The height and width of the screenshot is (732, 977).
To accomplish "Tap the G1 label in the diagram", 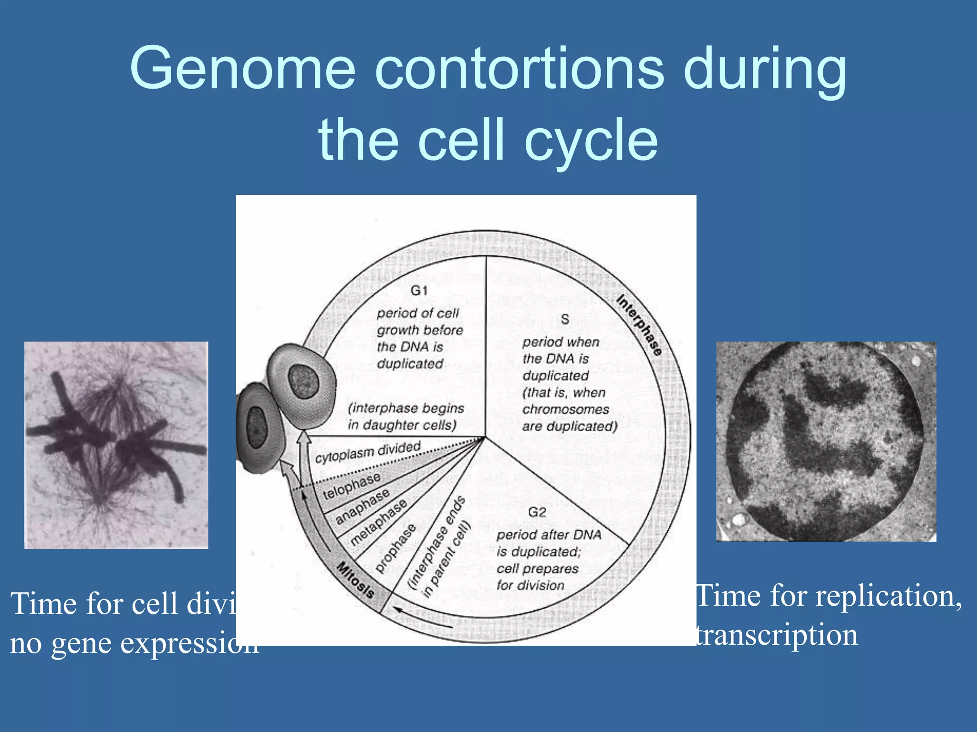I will [419, 290].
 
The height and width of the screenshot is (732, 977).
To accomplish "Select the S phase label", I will [565, 319].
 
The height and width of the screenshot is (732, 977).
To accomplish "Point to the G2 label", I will [537, 512].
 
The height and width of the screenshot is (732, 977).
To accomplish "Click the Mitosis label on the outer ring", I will [355, 579].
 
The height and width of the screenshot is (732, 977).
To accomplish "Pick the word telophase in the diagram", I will [352, 486].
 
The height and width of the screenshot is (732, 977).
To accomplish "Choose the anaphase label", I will [362, 506].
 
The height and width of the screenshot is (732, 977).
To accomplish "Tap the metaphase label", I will [378, 523].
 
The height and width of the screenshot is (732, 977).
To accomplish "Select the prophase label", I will [395, 548].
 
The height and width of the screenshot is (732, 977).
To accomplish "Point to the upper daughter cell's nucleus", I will [303, 381].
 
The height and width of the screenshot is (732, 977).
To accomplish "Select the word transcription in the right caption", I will [777, 635].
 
